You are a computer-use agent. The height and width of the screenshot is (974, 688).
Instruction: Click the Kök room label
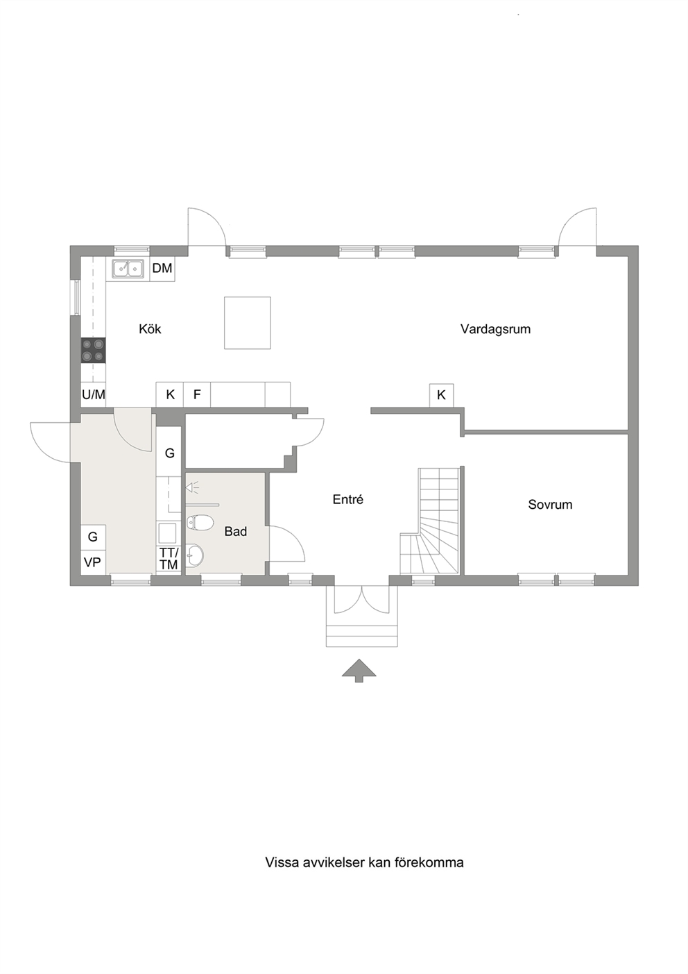(x=150, y=329)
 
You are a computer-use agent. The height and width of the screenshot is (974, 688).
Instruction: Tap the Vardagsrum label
(x=496, y=329)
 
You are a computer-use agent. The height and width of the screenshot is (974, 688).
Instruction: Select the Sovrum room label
(x=550, y=505)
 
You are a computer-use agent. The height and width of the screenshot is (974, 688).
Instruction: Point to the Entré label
(x=348, y=499)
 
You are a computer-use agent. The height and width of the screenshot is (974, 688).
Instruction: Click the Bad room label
(x=235, y=531)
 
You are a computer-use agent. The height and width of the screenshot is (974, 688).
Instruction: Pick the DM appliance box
(x=162, y=268)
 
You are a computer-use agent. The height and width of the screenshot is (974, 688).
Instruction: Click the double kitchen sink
(x=128, y=268)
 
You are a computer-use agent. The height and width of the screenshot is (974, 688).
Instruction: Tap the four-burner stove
(x=94, y=351)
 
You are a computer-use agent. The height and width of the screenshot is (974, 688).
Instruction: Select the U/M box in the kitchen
(x=94, y=394)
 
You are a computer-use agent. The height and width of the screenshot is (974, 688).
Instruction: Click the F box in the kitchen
(x=197, y=394)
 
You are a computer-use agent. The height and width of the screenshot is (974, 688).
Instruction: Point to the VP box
(x=93, y=562)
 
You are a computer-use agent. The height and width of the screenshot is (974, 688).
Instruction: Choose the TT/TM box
(x=169, y=558)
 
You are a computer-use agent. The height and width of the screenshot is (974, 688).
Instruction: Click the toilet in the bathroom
(x=200, y=523)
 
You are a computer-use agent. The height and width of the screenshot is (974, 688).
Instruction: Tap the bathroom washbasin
(x=196, y=555)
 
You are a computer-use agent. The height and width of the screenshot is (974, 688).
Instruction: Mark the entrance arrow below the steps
(x=359, y=671)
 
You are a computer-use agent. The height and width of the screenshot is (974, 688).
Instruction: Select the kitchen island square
(x=248, y=323)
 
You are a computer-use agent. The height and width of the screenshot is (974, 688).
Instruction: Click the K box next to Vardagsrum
(x=441, y=395)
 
